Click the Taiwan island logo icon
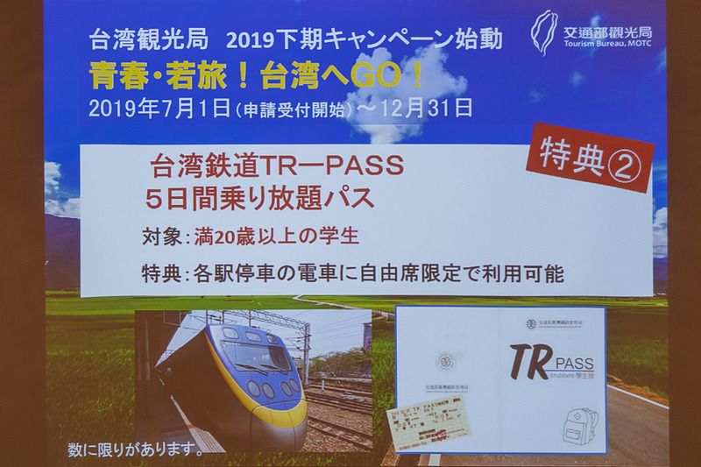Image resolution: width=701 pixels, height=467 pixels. (543, 32)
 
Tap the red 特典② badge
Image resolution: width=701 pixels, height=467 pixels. (590, 157)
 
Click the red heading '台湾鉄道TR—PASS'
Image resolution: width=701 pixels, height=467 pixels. (276, 166)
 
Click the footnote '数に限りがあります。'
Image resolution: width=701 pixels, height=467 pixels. (135, 451)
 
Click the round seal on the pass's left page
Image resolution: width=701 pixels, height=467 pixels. (446, 360)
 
